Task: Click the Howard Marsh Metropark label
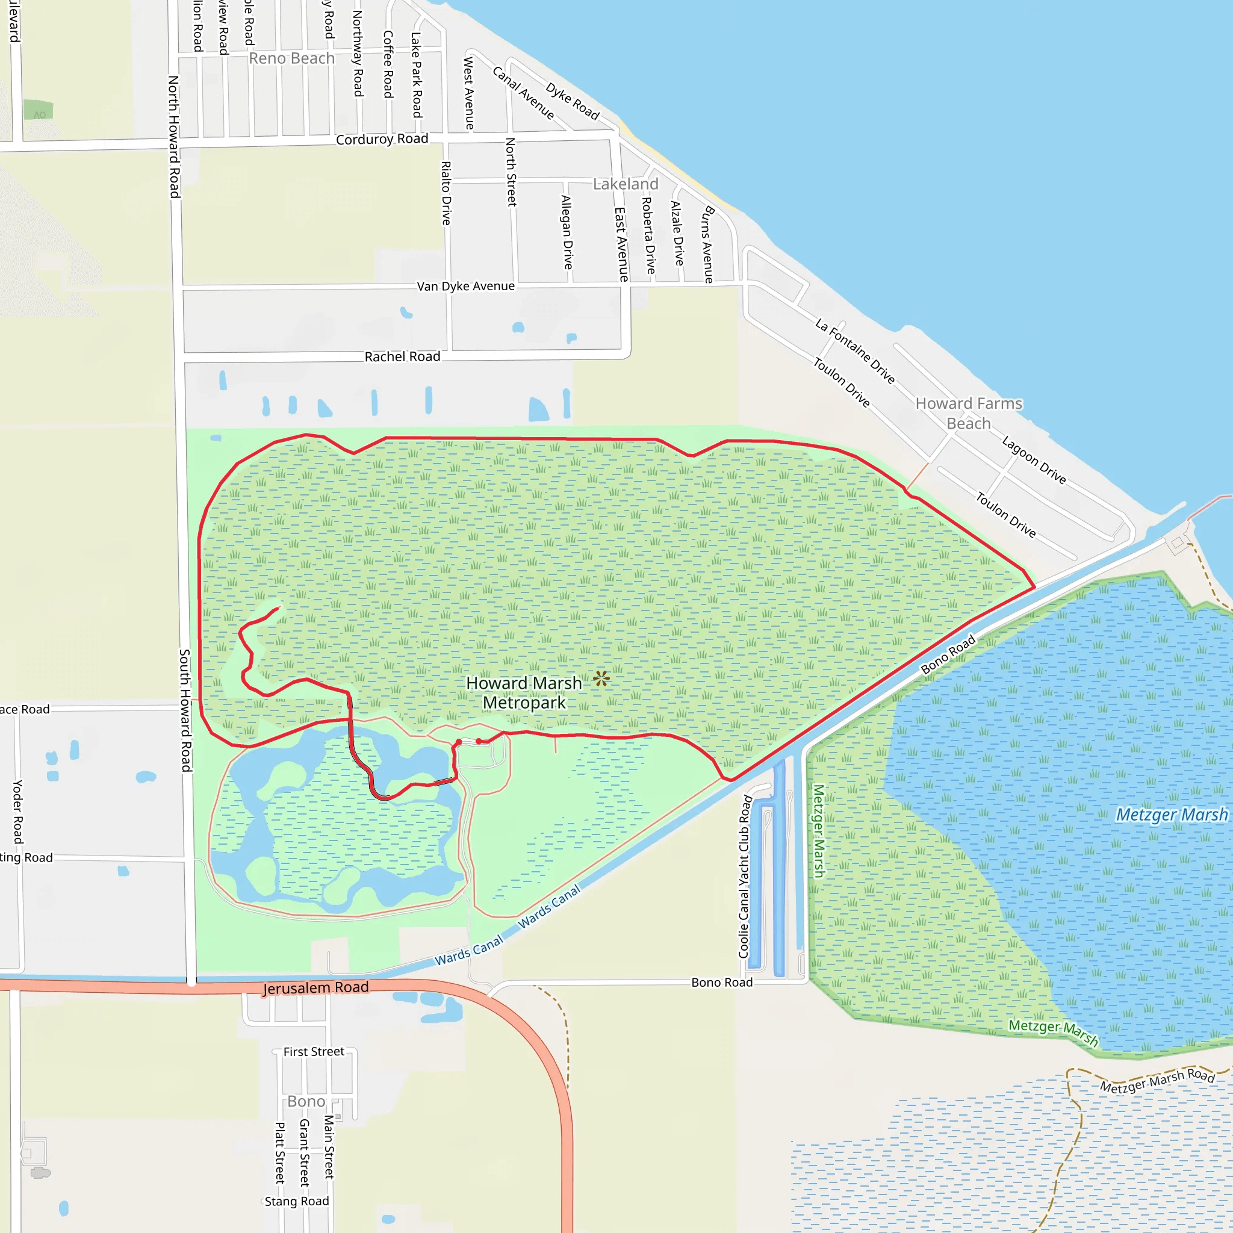(x=523, y=692)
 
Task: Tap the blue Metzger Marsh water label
(x=1171, y=815)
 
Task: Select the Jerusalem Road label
(x=316, y=988)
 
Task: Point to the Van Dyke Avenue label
(x=465, y=286)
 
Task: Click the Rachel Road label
(x=402, y=357)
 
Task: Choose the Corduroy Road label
(x=382, y=139)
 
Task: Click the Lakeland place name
(x=626, y=184)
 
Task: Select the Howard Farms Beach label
(x=968, y=413)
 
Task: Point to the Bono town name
(x=306, y=1102)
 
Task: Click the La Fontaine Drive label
(x=854, y=352)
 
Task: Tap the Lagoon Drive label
(x=1034, y=460)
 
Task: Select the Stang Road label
(x=297, y=1201)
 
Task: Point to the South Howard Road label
(x=185, y=710)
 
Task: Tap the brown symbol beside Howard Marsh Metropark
(x=600, y=679)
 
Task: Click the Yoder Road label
(x=18, y=811)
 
